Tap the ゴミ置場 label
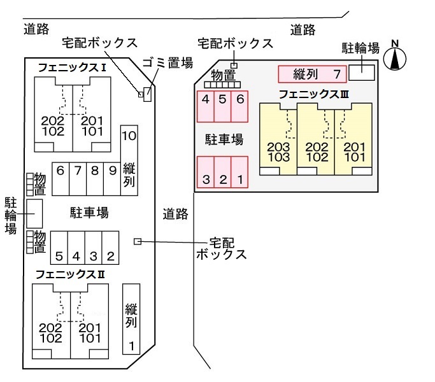coord(168,63)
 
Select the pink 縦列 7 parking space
coord(312,74)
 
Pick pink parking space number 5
coord(222,106)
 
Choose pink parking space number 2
coord(222,172)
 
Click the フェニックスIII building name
coord(313,95)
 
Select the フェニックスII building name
coord(70,274)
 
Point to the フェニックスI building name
coord(72,67)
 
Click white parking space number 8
coord(95,179)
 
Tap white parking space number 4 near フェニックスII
coord(76,248)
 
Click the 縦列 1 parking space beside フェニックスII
coord(131,319)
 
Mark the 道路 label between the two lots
coord(175,214)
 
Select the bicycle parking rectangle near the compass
coord(362,73)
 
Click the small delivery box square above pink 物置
coord(234,66)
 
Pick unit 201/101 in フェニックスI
coord(92,115)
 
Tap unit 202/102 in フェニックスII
coord(52,322)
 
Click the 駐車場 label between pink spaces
coord(224,139)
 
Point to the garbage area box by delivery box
coord(147,94)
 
